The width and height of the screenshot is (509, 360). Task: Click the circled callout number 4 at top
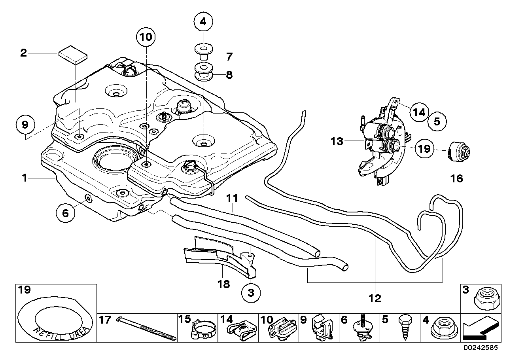pyautogui.click(x=203, y=22)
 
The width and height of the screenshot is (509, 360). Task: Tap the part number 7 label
pyautogui.click(x=229, y=57)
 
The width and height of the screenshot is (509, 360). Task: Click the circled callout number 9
pyautogui.click(x=25, y=125)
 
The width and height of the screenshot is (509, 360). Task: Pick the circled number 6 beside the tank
pyautogui.click(x=65, y=213)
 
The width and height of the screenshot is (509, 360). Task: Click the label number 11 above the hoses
pyautogui.click(x=232, y=197)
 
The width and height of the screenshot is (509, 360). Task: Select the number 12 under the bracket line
pyautogui.click(x=375, y=298)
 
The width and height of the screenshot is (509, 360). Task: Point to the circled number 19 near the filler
pyautogui.click(x=424, y=149)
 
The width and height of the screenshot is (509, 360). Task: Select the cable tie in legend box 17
pyautogui.click(x=146, y=329)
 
